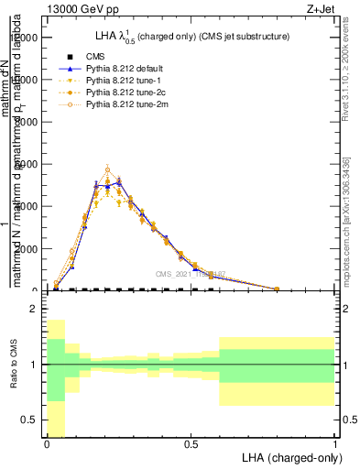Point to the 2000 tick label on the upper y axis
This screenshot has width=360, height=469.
click(x=27, y=248)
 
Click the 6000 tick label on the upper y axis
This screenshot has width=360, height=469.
click(x=27, y=164)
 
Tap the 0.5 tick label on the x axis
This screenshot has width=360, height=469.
click(x=191, y=444)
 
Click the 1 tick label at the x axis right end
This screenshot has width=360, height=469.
click(x=334, y=444)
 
